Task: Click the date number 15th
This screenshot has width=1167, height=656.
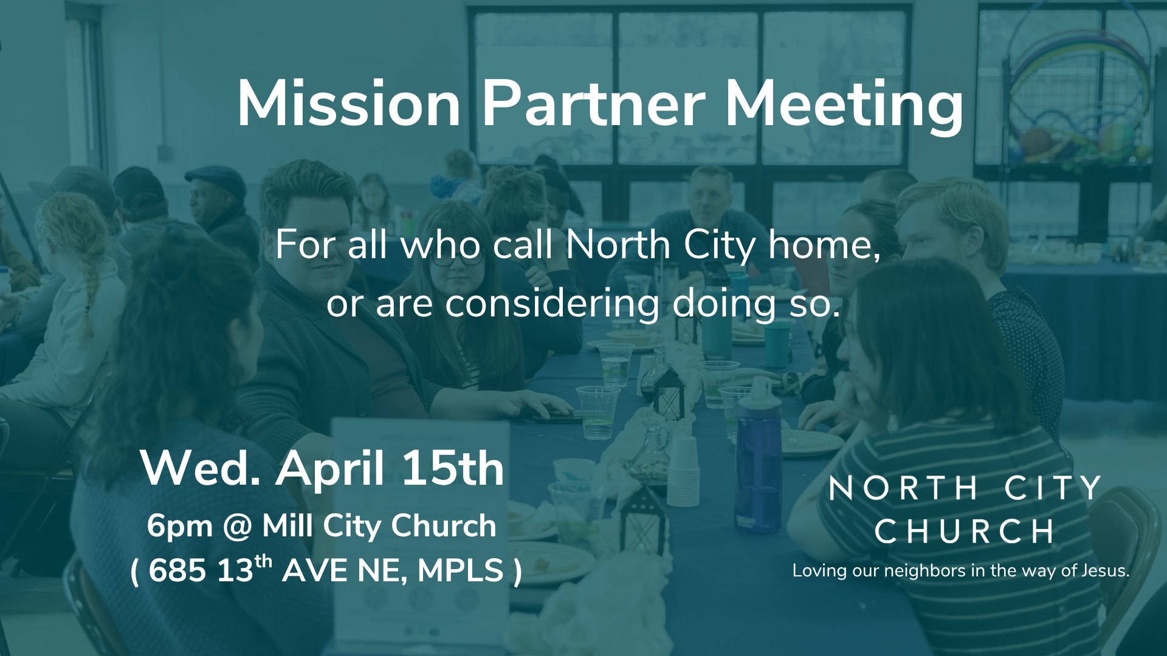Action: pyautogui.click(x=453, y=469)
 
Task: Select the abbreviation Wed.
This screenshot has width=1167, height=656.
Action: pyautogui.click(x=201, y=469)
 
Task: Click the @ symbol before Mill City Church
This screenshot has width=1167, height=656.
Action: pyautogui.click(x=237, y=526)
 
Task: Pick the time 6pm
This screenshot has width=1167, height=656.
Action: pyautogui.click(x=179, y=527)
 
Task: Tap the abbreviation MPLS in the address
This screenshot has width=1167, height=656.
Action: pyautogui.click(x=461, y=571)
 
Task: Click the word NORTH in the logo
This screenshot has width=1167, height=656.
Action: pyautogui.click(x=903, y=488)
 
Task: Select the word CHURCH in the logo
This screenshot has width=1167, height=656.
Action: pyautogui.click(x=965, y=532)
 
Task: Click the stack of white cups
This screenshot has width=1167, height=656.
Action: pyautogui.click(x=683, y=471)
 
